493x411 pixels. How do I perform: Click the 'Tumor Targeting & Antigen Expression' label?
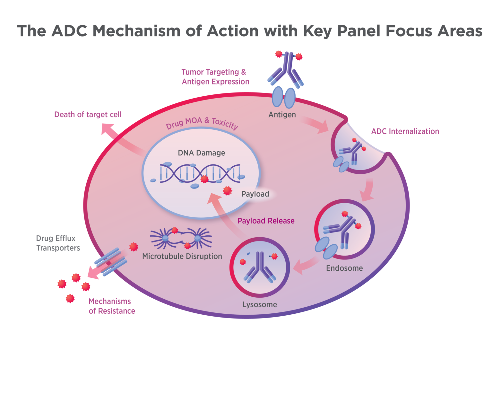pos(215,77)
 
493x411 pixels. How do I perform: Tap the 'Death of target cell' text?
pos(88,115)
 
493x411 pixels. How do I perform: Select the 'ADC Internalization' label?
pos(405,131)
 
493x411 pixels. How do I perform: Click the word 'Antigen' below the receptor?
pos(282,115)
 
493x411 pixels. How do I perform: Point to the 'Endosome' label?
pos(344,268)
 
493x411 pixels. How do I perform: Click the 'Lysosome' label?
pos(260,304)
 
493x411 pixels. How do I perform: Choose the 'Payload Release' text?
pos(266,221)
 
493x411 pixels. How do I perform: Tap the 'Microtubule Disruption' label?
pos(182,256)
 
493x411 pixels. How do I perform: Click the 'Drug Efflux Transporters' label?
pos(58,243)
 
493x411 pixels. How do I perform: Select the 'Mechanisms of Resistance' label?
pos(111,306)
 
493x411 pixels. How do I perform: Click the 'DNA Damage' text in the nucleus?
pos(201,153)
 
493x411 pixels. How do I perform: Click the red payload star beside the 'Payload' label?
pos(228,191)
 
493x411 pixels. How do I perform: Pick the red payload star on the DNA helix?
pos(204,179)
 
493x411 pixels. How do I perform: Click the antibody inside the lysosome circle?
pos(260,267)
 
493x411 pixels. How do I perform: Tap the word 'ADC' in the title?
pos(69,31)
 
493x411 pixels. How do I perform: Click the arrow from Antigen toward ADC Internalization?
pos(316,125)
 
